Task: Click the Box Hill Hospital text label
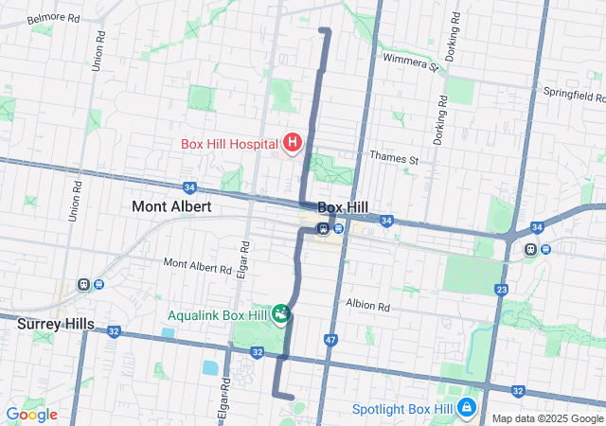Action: [230, 145]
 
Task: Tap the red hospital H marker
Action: [293, 144]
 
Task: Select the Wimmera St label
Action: [411, 62]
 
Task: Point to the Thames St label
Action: [394, 159]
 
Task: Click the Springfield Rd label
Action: [575, 95]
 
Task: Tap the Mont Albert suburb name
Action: [171, 205]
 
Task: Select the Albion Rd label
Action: [368, 307]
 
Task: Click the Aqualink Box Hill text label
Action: [217, 315]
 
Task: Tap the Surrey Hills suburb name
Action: [56, 324]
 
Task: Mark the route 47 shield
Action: [330, 339]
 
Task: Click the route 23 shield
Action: [502, 290]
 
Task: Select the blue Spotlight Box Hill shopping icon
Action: [467, 408]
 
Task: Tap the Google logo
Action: [31, 414]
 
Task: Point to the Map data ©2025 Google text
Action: [547, 418]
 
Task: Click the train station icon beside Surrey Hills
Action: [85, 284]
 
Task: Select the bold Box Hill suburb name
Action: [342, 206]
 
